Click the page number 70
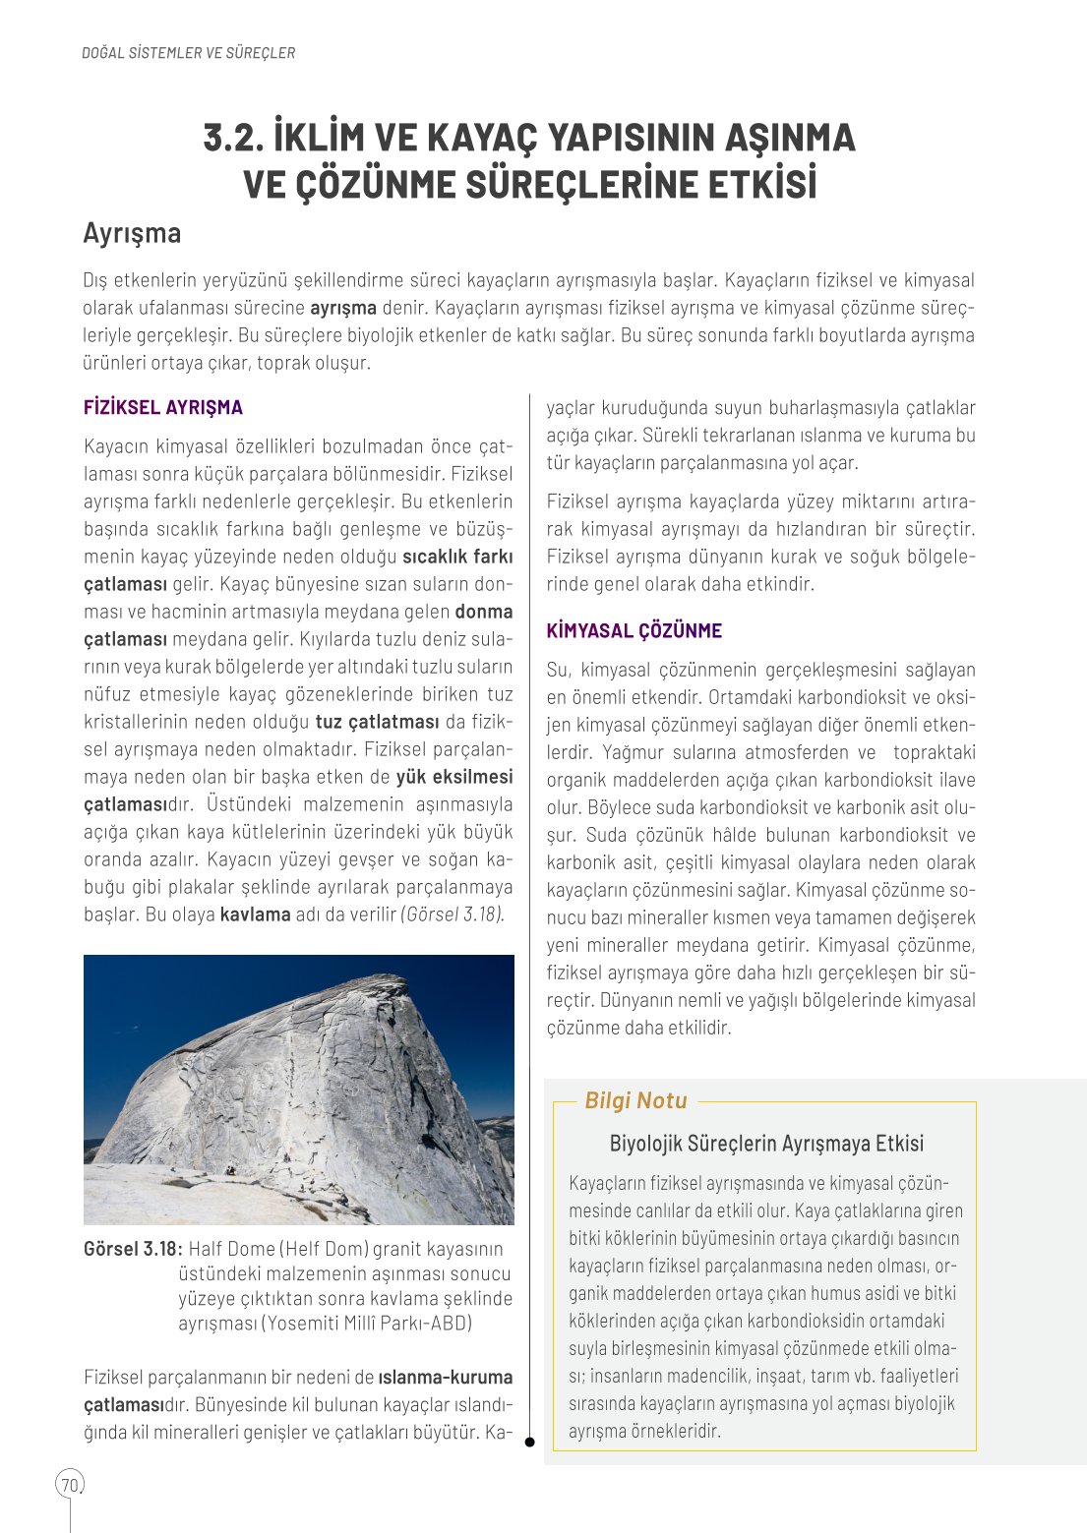pos(69,1485)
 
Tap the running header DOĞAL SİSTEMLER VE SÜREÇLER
pos(188,53)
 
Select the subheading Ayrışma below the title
pos(132,234)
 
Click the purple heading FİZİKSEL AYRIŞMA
pos(162,407)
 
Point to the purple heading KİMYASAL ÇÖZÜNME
pos(634,631)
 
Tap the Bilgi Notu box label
pos(635,1101)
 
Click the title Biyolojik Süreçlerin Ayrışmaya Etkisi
pos(766,1144)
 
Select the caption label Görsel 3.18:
pos(133,1249)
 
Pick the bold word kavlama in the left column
pos(255,914)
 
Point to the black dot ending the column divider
pos(529,1443)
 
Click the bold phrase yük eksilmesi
pos(454,777)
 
